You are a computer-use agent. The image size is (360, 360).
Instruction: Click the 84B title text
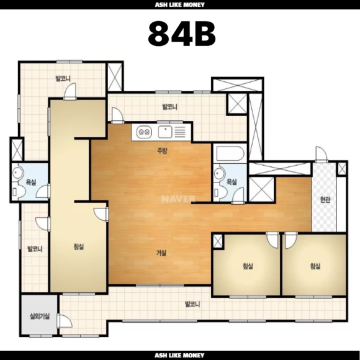(182, 34)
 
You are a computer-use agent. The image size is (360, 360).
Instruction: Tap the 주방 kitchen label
(162, 151)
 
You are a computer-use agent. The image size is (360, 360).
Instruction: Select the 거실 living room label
(161, 253)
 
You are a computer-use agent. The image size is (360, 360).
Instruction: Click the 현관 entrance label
(325, 199)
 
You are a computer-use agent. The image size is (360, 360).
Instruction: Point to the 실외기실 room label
(40, 317)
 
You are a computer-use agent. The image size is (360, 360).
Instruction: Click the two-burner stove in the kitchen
(144, 132)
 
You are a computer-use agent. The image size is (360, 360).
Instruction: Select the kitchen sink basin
(165, 132)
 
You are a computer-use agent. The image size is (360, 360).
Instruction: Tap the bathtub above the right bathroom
(230, 153)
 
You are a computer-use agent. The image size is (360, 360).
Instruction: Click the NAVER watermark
(178, 199)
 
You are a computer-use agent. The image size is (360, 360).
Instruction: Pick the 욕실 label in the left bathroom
(31, 182)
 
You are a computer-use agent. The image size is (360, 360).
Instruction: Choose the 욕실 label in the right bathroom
(232, 182)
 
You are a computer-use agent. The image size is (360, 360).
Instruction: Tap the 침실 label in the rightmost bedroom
(315, 266)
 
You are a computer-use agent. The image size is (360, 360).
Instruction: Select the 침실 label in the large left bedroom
(79, 246)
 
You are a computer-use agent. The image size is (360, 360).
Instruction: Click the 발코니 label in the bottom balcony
(192, 304)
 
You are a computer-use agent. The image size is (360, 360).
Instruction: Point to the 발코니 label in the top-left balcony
(63, 79)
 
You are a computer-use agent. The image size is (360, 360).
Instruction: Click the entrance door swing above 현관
(322, 154)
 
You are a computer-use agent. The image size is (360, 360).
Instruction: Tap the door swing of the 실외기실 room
(65, 321)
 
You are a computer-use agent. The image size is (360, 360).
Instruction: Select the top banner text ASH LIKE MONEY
(180, 4)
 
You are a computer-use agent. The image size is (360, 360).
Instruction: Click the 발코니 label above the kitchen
(169, 107)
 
